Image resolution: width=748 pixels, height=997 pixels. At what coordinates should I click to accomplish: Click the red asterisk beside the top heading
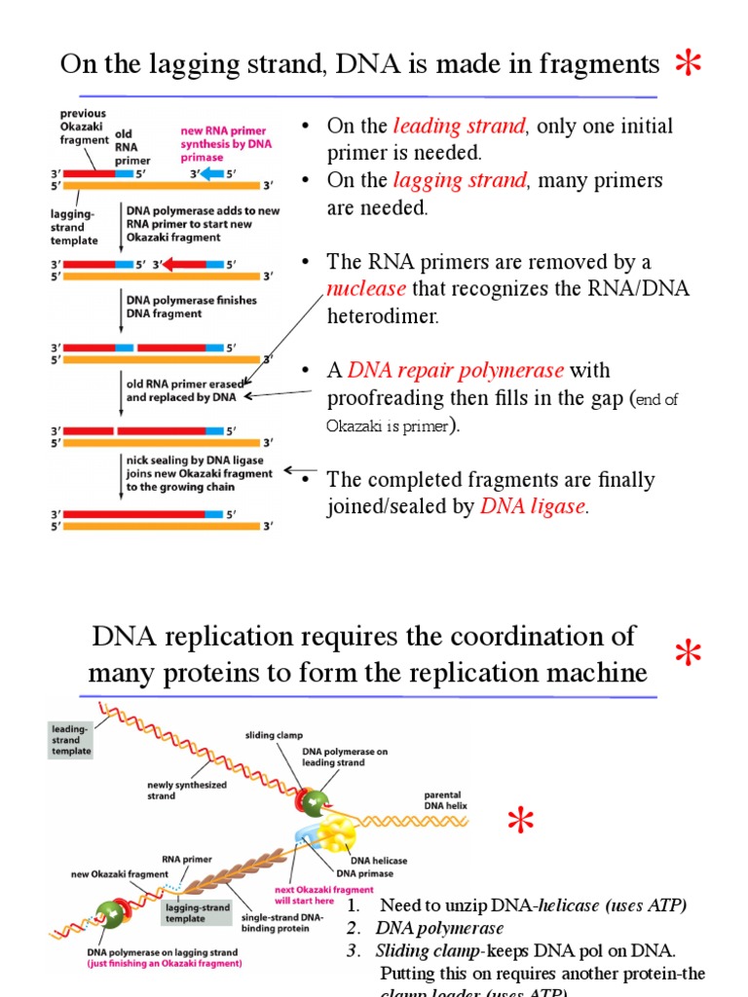coord(690,64)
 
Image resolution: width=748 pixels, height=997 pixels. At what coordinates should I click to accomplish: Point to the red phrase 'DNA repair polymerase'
coord(456,370)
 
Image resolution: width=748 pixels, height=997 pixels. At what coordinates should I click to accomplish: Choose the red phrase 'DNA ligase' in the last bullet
coord(534,506)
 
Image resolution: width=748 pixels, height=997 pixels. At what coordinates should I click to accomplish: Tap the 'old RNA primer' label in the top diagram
coord(132,147)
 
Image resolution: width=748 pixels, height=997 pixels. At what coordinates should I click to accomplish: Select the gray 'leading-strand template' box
coord(72,739)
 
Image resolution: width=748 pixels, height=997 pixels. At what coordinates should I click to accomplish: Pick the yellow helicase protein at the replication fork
coord(342,834)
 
